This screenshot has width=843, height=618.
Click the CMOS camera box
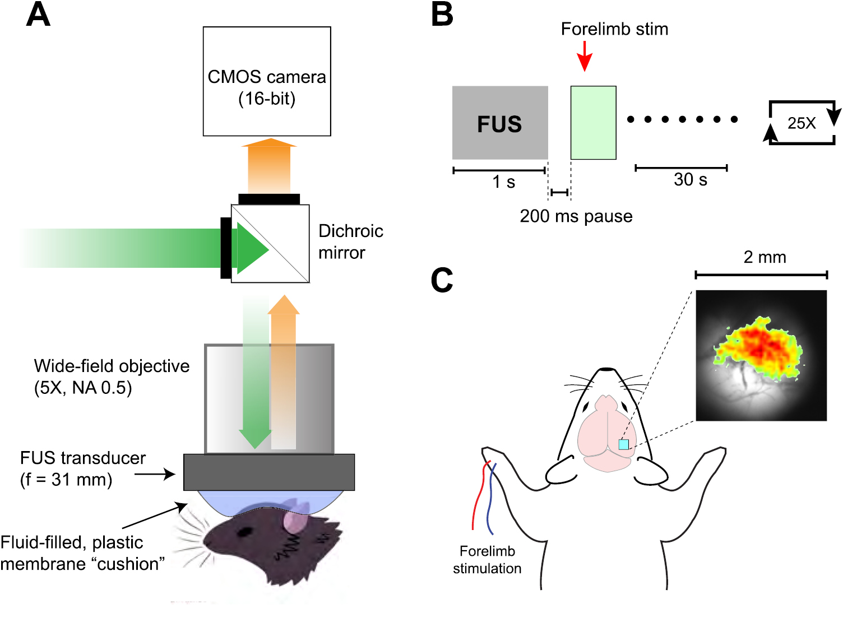pos(267,82)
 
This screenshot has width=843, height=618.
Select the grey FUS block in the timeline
pos(500,123)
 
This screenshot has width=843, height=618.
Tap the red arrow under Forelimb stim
pos(585,56)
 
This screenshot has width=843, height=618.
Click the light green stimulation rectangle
pos(593,123)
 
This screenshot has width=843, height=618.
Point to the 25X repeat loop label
pos(801,123)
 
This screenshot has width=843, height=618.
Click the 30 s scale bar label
pos(690,180)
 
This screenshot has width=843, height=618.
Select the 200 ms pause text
pos(576,216)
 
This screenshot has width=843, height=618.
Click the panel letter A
pos(38,15)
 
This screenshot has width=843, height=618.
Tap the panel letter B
pos(442,15)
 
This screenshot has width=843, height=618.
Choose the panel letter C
pos(442,280)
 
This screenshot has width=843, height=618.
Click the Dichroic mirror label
pos(350,242)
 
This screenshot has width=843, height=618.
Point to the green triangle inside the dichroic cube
pos(251,248)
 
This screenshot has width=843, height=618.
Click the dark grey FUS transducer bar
pos(269,472)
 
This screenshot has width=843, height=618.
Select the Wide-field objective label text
pos(112,377)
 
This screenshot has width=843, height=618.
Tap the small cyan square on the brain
pos(623,444)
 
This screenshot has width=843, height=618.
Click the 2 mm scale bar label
pos(765,257)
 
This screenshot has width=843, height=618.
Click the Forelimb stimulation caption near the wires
pos(487,560)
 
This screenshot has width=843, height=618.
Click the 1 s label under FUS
pos(503,182)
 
